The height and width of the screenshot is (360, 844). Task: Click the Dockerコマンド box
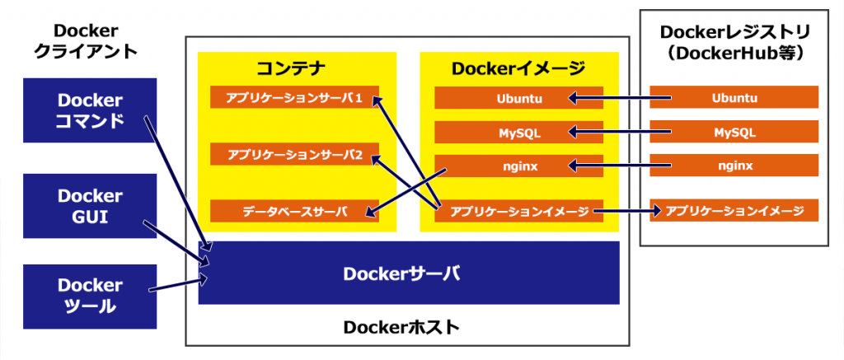90,111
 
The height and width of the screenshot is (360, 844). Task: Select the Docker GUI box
90,206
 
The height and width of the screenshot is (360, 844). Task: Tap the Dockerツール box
90,296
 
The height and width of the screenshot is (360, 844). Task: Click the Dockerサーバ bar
408,273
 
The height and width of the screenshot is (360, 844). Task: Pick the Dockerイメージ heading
518,68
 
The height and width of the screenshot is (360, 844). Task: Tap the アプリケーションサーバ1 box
294,97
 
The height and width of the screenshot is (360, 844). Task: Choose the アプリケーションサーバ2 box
294,154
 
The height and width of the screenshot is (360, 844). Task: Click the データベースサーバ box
294,211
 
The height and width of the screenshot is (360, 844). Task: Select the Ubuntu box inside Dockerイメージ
518,98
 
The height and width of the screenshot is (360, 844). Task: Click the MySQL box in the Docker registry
734,132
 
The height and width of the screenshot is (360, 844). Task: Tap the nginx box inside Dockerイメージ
518,166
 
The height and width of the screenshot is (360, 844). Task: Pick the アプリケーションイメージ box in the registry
734,211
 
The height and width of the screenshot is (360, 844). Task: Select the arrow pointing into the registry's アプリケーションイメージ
626,212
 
